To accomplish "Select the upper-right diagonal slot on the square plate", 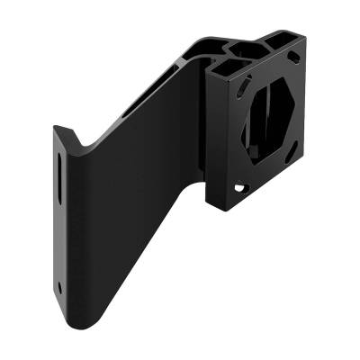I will (x=293, y=59).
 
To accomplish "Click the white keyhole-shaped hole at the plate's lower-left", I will (x=240, y=188).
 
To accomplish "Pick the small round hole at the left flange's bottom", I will (x=60, y=289).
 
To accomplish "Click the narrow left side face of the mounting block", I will (x=213, y=135).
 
